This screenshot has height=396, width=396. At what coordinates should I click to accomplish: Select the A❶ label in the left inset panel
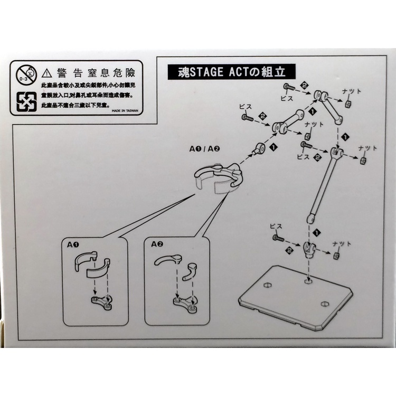coord(73,245)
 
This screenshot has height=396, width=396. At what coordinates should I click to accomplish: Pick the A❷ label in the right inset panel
coord(157,245)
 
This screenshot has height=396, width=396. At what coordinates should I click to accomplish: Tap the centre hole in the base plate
coord(307,281)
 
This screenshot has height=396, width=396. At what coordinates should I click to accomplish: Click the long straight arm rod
coord(322,185)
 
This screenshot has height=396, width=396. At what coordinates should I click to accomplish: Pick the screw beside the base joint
coord(278,239)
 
